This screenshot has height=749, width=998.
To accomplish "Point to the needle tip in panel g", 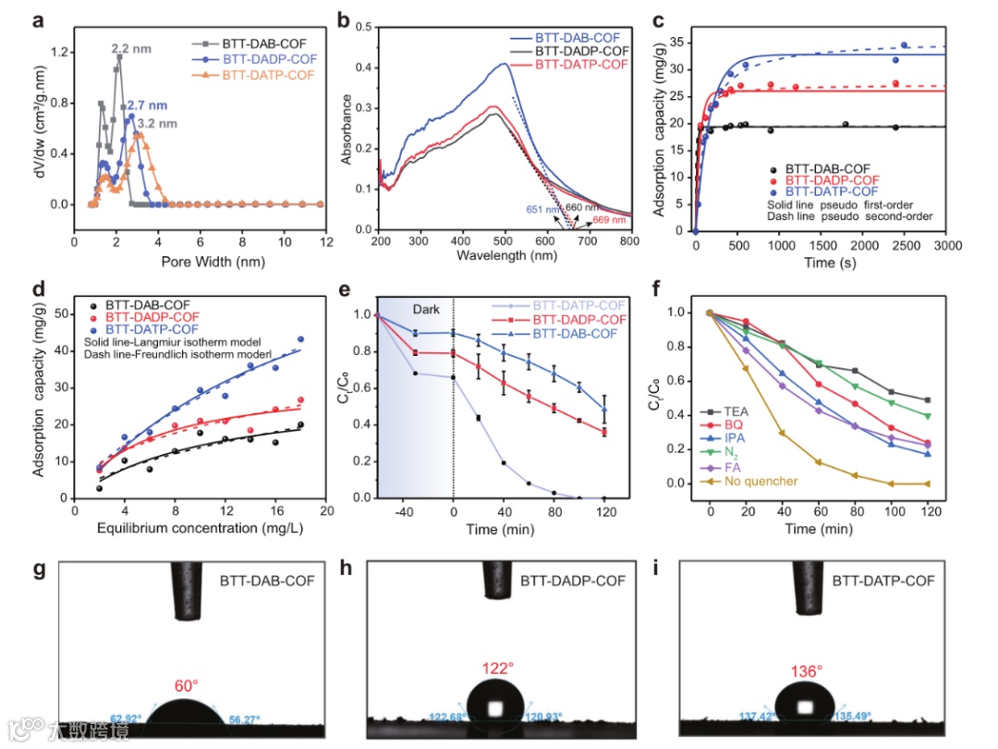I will pyautogui.click(x=189, y=614).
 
